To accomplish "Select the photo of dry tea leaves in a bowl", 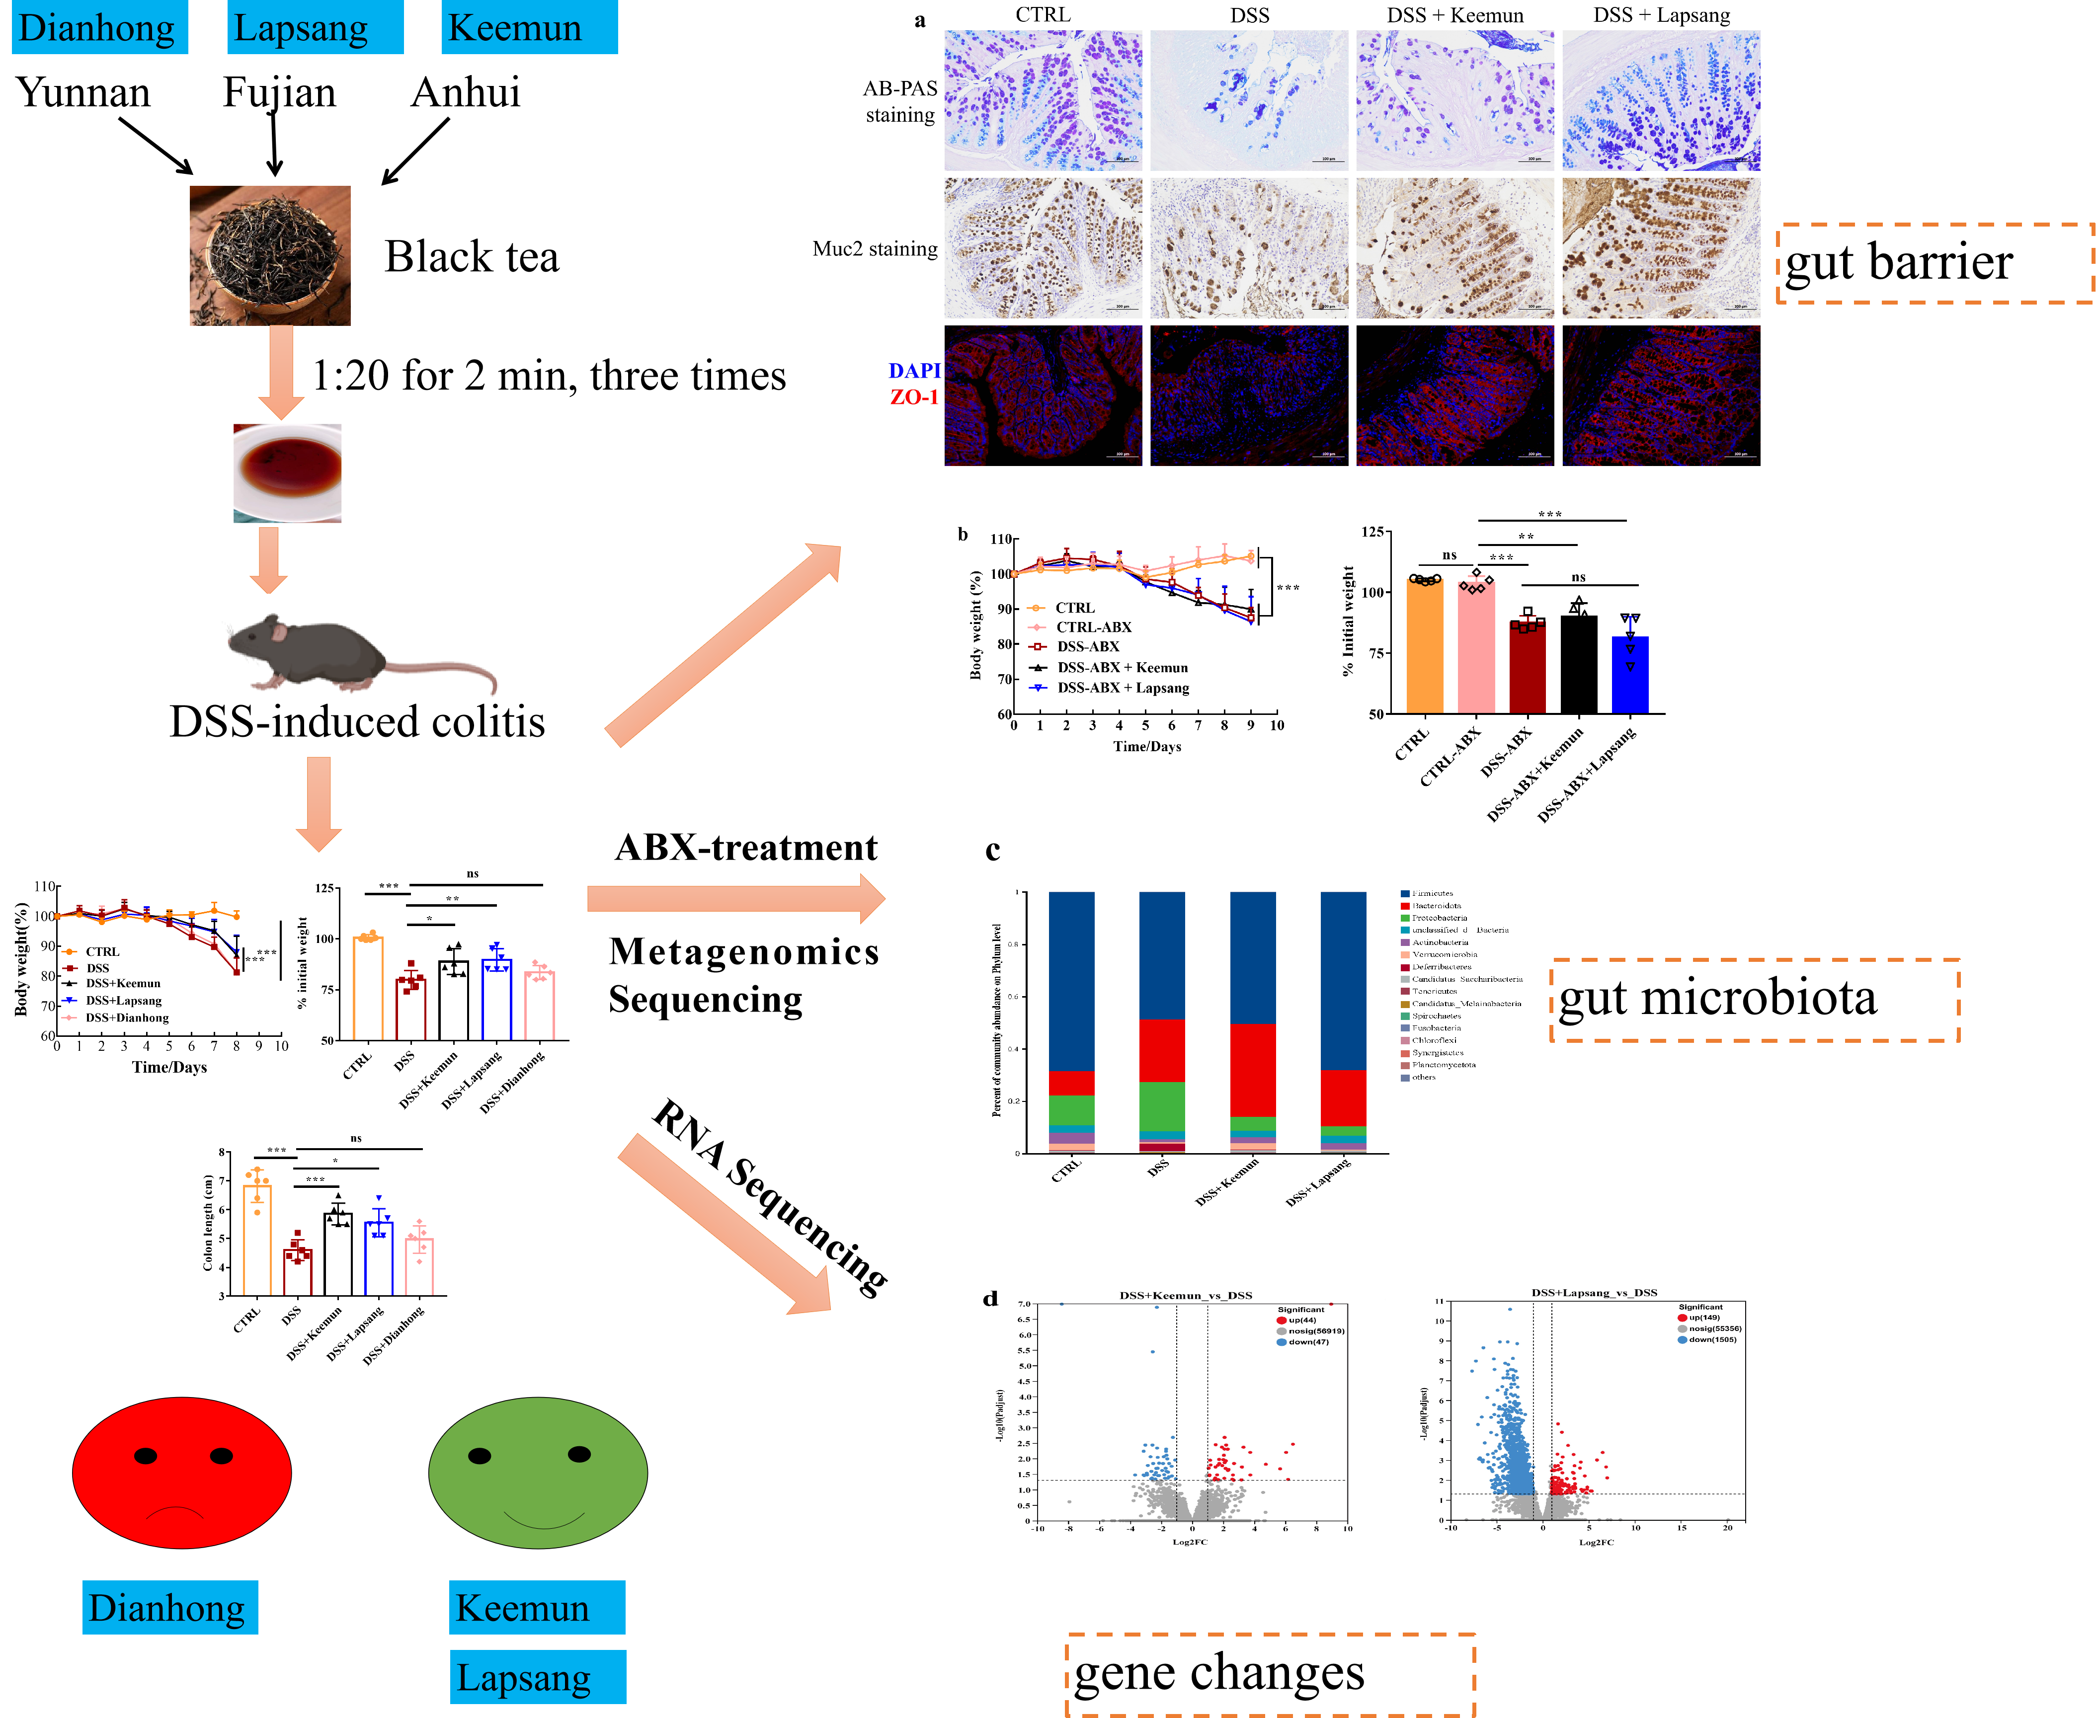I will [x=270, y=255].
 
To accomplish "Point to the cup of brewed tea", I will [x=287, y=473].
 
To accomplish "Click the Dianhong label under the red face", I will [x=169, y=1607].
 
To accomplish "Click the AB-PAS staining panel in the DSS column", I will [x=1249, y=100].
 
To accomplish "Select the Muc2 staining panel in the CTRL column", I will [x=1043, y=248].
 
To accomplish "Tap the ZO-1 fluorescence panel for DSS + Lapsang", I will [x=1661, y=396].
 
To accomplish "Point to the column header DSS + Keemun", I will [x=1455, y=15].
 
